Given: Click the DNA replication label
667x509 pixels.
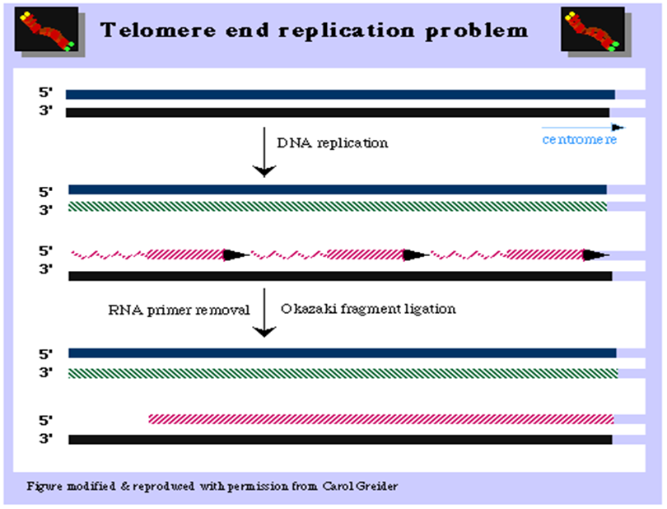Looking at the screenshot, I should coord(331,142).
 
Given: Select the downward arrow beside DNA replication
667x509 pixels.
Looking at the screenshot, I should coord(264,152).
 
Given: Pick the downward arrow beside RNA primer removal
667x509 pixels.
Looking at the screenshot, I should coord(264,312).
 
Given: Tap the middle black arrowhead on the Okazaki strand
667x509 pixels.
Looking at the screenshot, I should coord(416,254).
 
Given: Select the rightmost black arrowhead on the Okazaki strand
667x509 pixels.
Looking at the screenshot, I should coord(595,254).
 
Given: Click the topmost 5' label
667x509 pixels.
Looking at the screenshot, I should coord(46,93).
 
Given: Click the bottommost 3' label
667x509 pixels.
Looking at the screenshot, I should coord(46,440).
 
